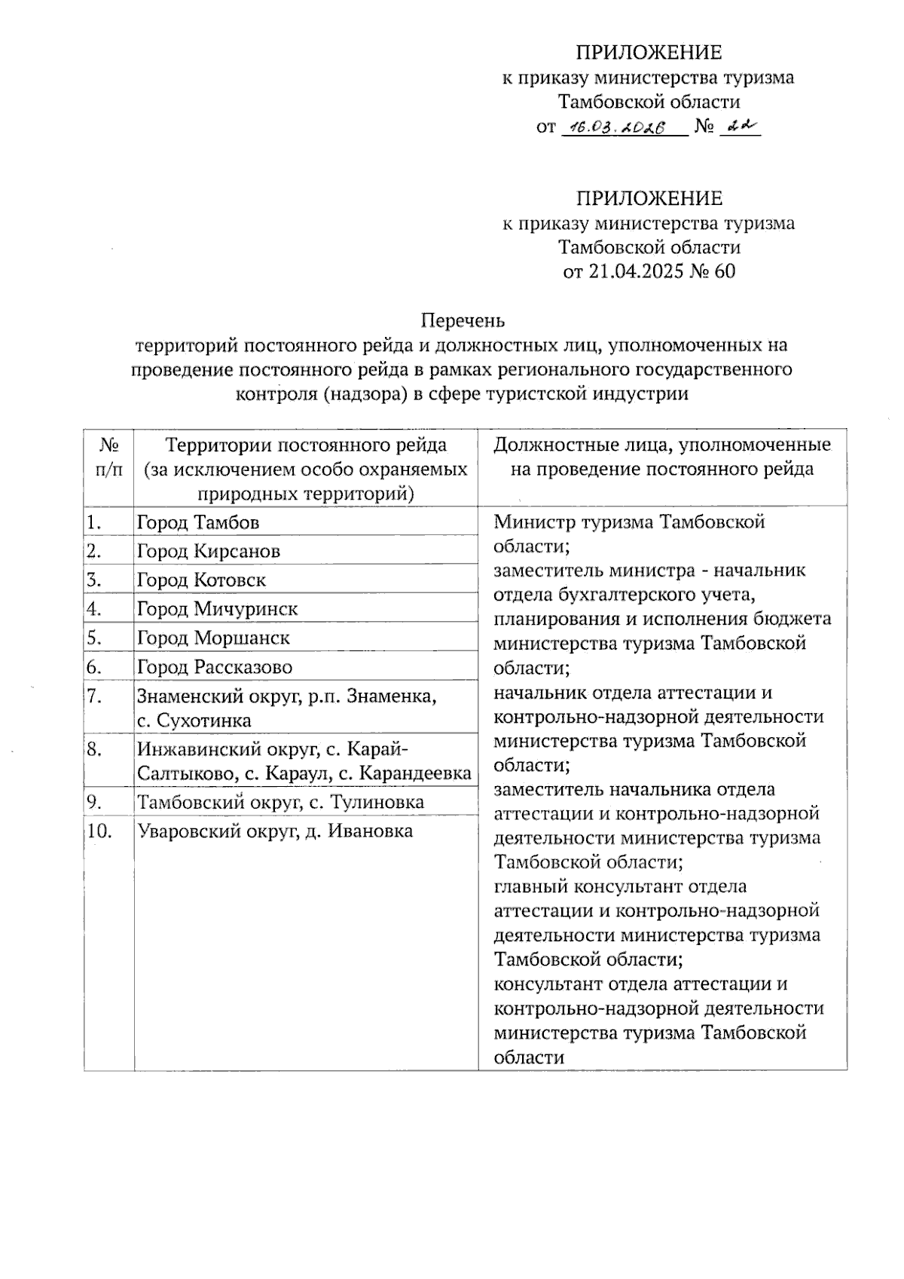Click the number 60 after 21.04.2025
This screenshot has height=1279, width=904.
point(724,271)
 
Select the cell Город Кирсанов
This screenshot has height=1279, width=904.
point(209,552)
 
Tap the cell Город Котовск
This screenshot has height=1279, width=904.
point(201,580)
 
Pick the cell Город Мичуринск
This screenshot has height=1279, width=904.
point(217,609)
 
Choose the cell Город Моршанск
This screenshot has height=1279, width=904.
point(213,638)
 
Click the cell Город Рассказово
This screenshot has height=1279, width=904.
point(215,668)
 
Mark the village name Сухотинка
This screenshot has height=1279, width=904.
point(204,721)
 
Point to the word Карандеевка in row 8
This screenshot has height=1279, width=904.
point(415,774)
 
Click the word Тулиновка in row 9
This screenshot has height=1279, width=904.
point(376,803)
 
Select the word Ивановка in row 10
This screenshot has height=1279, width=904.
point(369,832)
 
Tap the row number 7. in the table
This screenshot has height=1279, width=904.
point(94,696)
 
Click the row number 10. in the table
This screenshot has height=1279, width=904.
point(99,832)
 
